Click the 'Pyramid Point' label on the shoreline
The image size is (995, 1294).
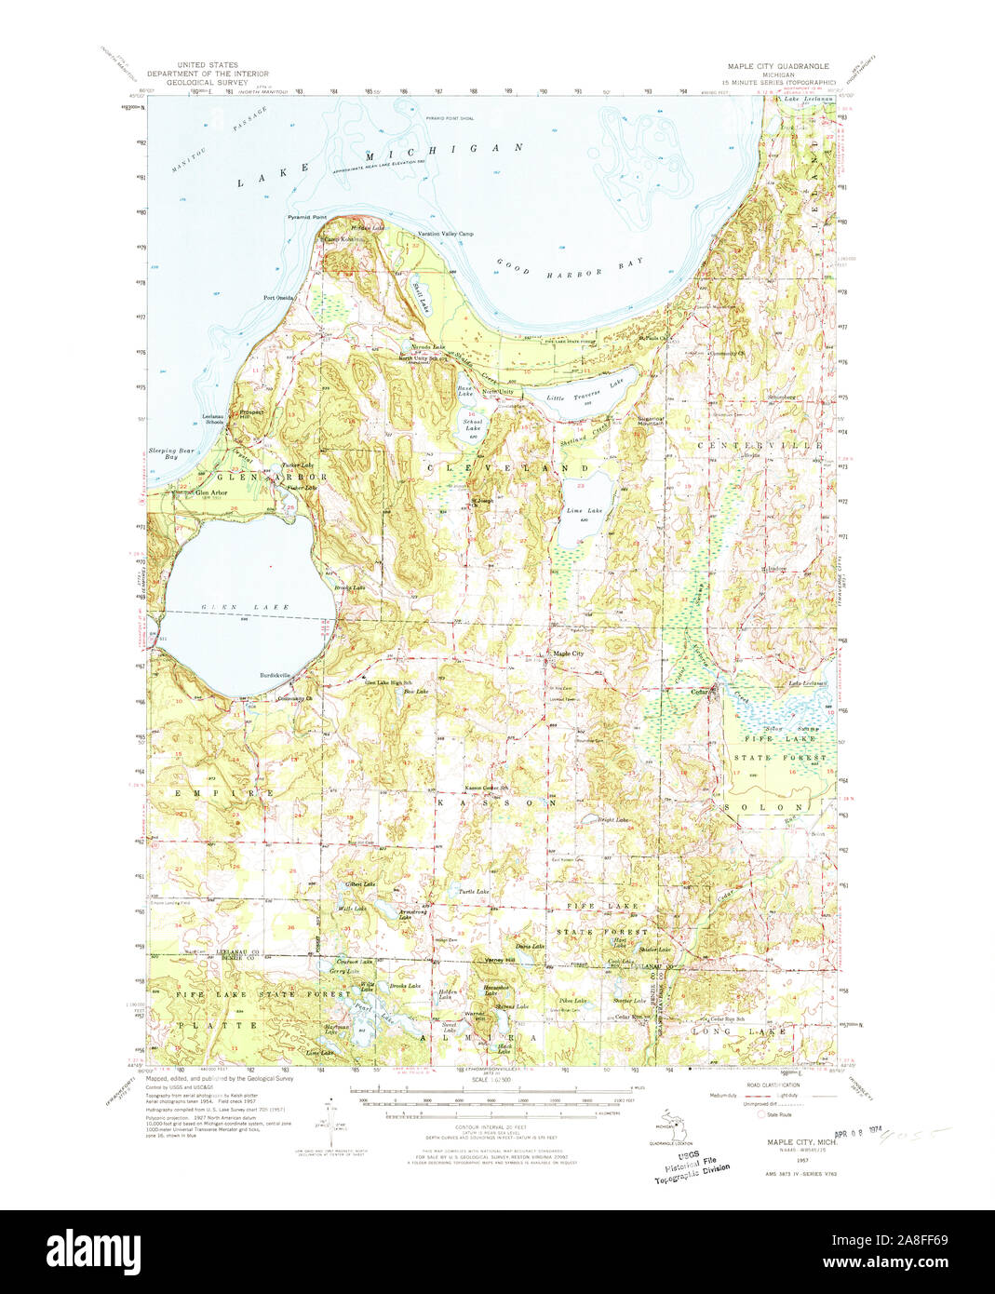(303, 216)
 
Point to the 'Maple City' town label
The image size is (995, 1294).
(568, 654)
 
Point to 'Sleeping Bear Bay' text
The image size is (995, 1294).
(164, 453)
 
